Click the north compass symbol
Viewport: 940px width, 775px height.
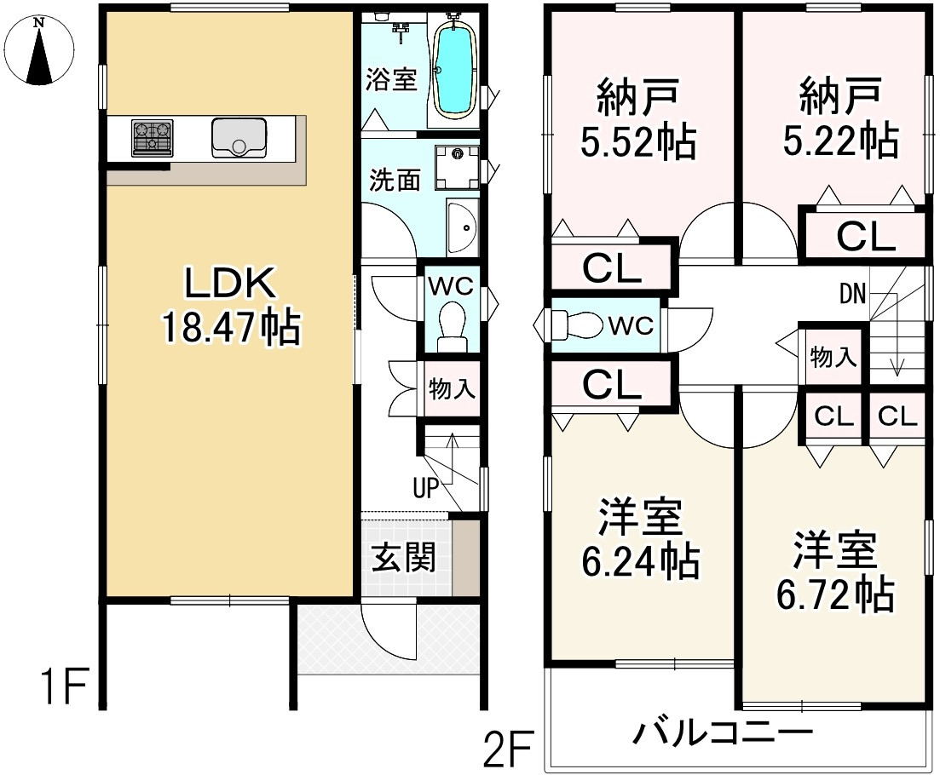(38, 53)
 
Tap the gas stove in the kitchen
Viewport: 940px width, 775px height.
(152, 138)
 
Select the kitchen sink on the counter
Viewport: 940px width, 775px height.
(239, 138)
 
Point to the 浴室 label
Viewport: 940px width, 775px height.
(391, 80)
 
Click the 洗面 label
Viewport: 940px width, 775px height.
(395, 181)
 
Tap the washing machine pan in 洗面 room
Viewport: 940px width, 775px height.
(458, 166)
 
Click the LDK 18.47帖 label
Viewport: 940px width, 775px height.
(228, 305)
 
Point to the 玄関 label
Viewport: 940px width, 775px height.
(403, 559)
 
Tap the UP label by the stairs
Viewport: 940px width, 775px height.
(425, 489)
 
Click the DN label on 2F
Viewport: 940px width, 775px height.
(852, 296)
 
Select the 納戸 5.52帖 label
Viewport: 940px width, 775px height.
(637, 118)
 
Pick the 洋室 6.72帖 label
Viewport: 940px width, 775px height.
(836, 571)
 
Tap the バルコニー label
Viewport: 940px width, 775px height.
(723, 732)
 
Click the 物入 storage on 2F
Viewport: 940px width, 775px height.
(833, 357)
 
